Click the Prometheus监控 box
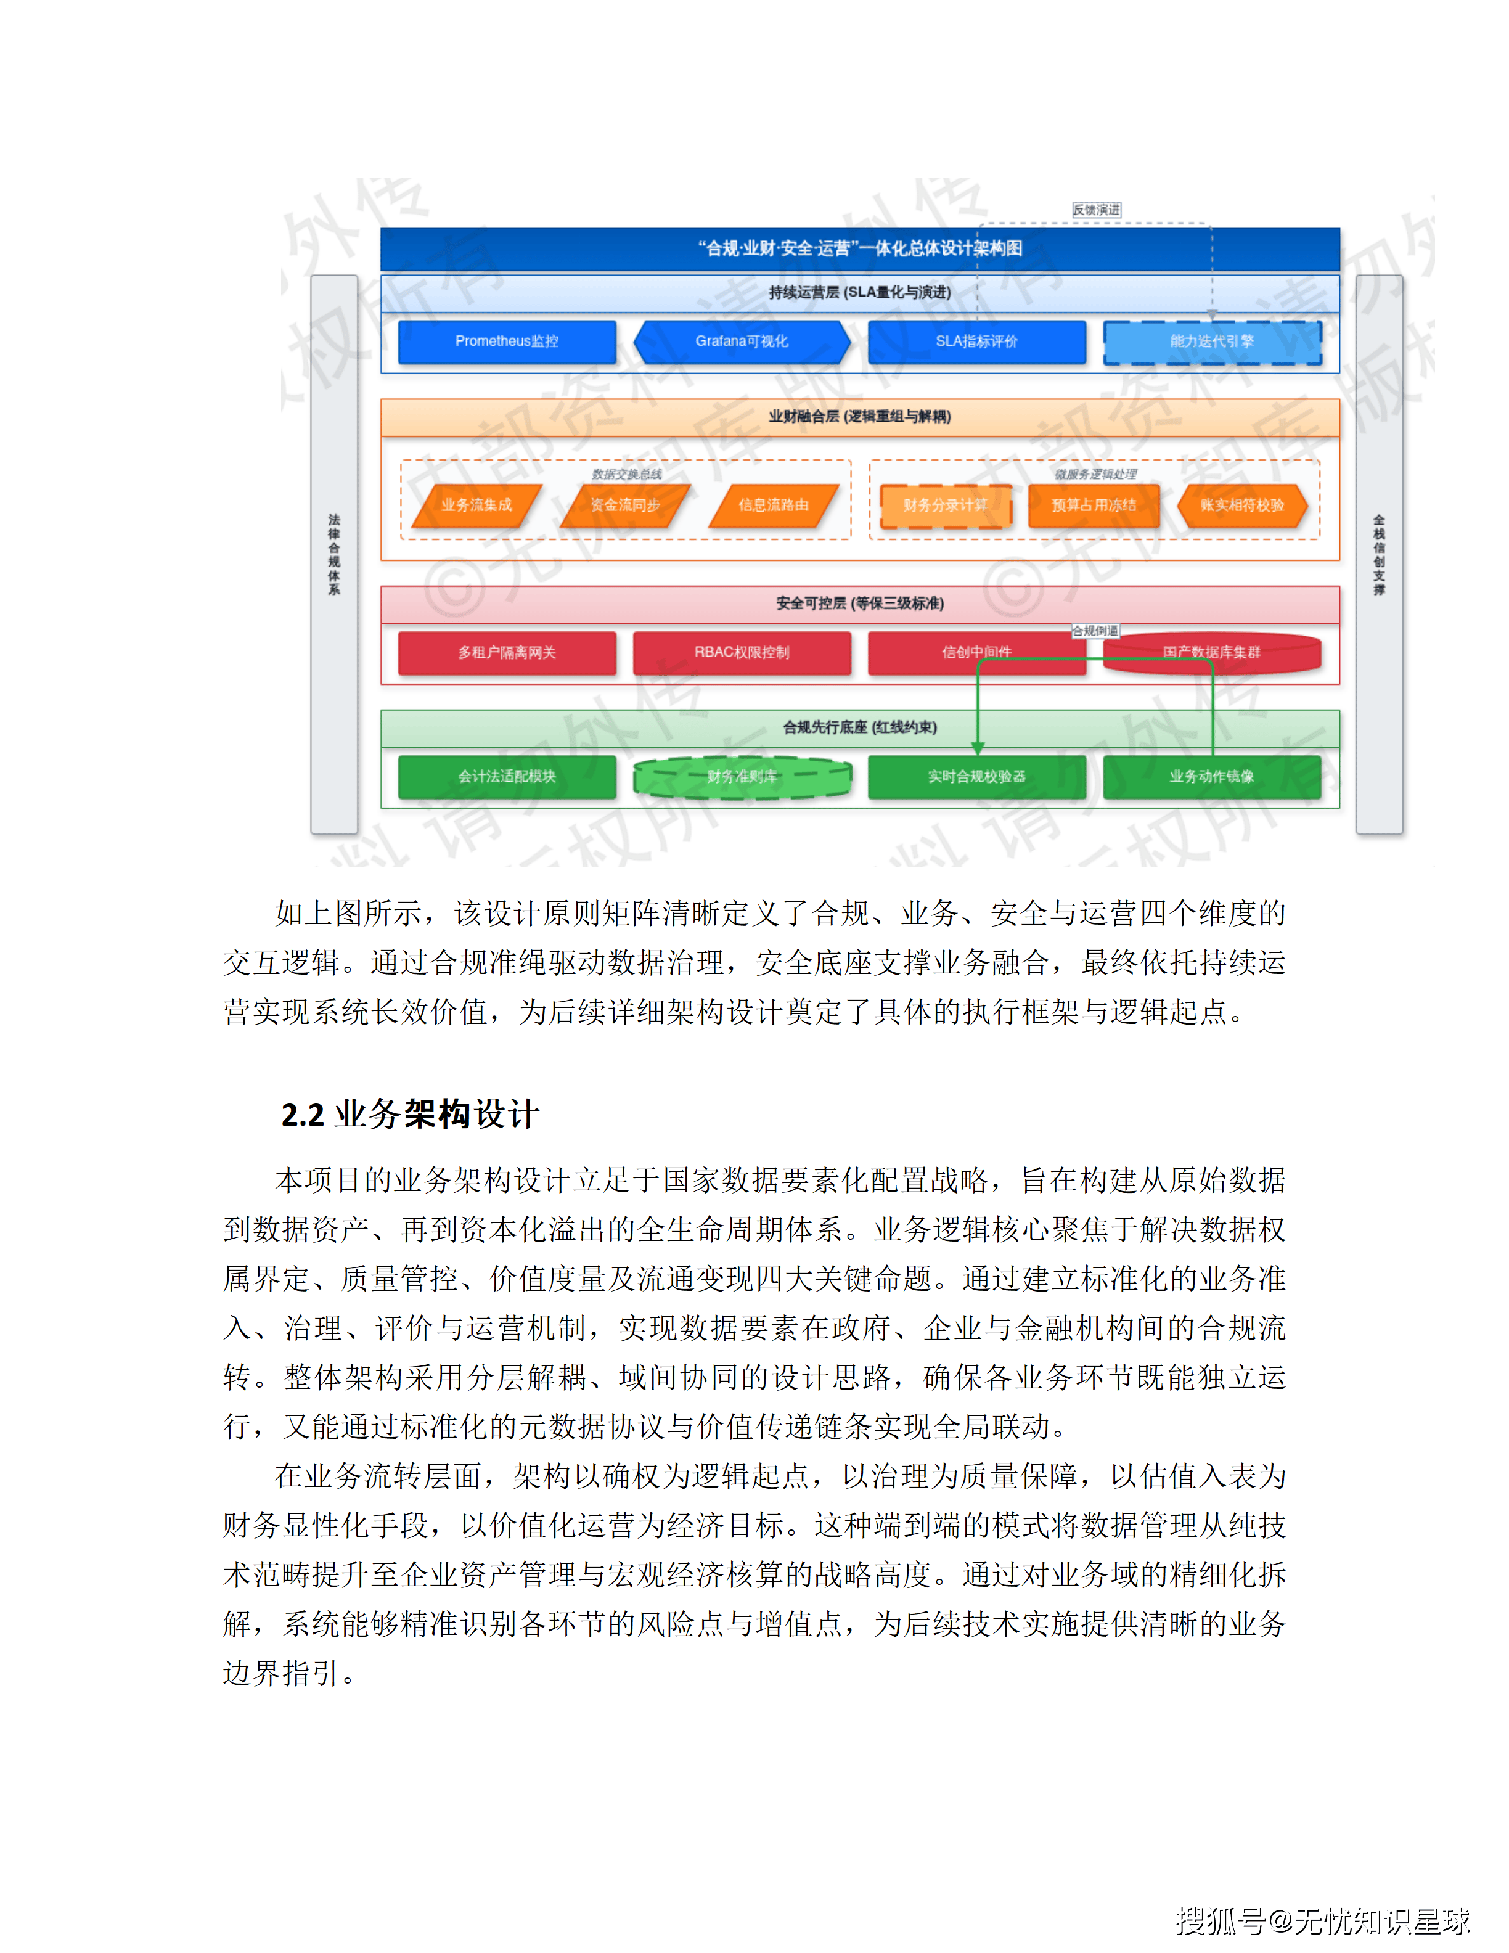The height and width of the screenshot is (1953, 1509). tap(506, 342)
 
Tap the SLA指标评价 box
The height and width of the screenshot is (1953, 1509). tap(976, 342)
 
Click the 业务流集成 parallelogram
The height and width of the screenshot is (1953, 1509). tap(476, 506)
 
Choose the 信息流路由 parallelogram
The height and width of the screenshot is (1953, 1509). tap(773, 506)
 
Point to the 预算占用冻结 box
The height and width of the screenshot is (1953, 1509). tap(1094, 506)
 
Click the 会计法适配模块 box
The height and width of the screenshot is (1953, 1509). tap(506, 776)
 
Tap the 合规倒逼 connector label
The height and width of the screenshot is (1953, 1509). tap(1095, 631)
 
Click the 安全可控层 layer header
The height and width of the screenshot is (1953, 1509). tap(859, 604)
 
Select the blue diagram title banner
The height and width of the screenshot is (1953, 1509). tap(859, 248)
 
